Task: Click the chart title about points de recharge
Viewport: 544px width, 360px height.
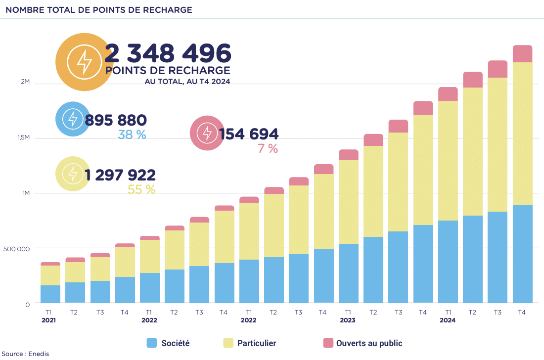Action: pyautogui.click(x=98, y=10)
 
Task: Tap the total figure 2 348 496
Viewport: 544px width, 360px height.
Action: pyautogui.click(x=168, y=52)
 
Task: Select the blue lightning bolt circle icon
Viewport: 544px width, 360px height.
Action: pyautogui.click(x=73, y=119)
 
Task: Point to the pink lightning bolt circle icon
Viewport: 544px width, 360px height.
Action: pyautogui.click(x=207, y=133)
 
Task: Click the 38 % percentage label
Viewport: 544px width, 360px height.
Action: pyautogui.click(x=132, y=134)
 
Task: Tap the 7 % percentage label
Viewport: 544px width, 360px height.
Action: pyautogui.click(x=268, y=148)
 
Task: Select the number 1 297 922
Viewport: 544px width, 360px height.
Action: pyautogui.click(x=120, y=175)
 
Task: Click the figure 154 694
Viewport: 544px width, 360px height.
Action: pyautogui.click(x=249, y=134)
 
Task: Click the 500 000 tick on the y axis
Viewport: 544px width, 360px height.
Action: pyautogui.click(x=17, y=249)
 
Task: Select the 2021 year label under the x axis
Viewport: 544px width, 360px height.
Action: pyautogui.click(x=48, y=320)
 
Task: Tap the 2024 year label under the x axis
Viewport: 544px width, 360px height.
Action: pyautogui.click(x=448, y=320)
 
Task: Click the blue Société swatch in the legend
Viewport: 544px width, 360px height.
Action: pyautogui.click(x=152, y=343)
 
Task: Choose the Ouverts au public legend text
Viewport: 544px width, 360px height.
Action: pyautogui.click(x=369, y=343)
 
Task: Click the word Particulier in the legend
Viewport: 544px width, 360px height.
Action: pyautogui.click(x=256, y=343)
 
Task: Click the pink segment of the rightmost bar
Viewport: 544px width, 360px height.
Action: pyautogui.click(x=522, y=54)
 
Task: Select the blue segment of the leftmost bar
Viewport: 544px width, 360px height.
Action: pyautogui.click(x=50, y=294)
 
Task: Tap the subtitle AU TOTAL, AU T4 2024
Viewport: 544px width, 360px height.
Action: pyautogui.click(x=187, y=81)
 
